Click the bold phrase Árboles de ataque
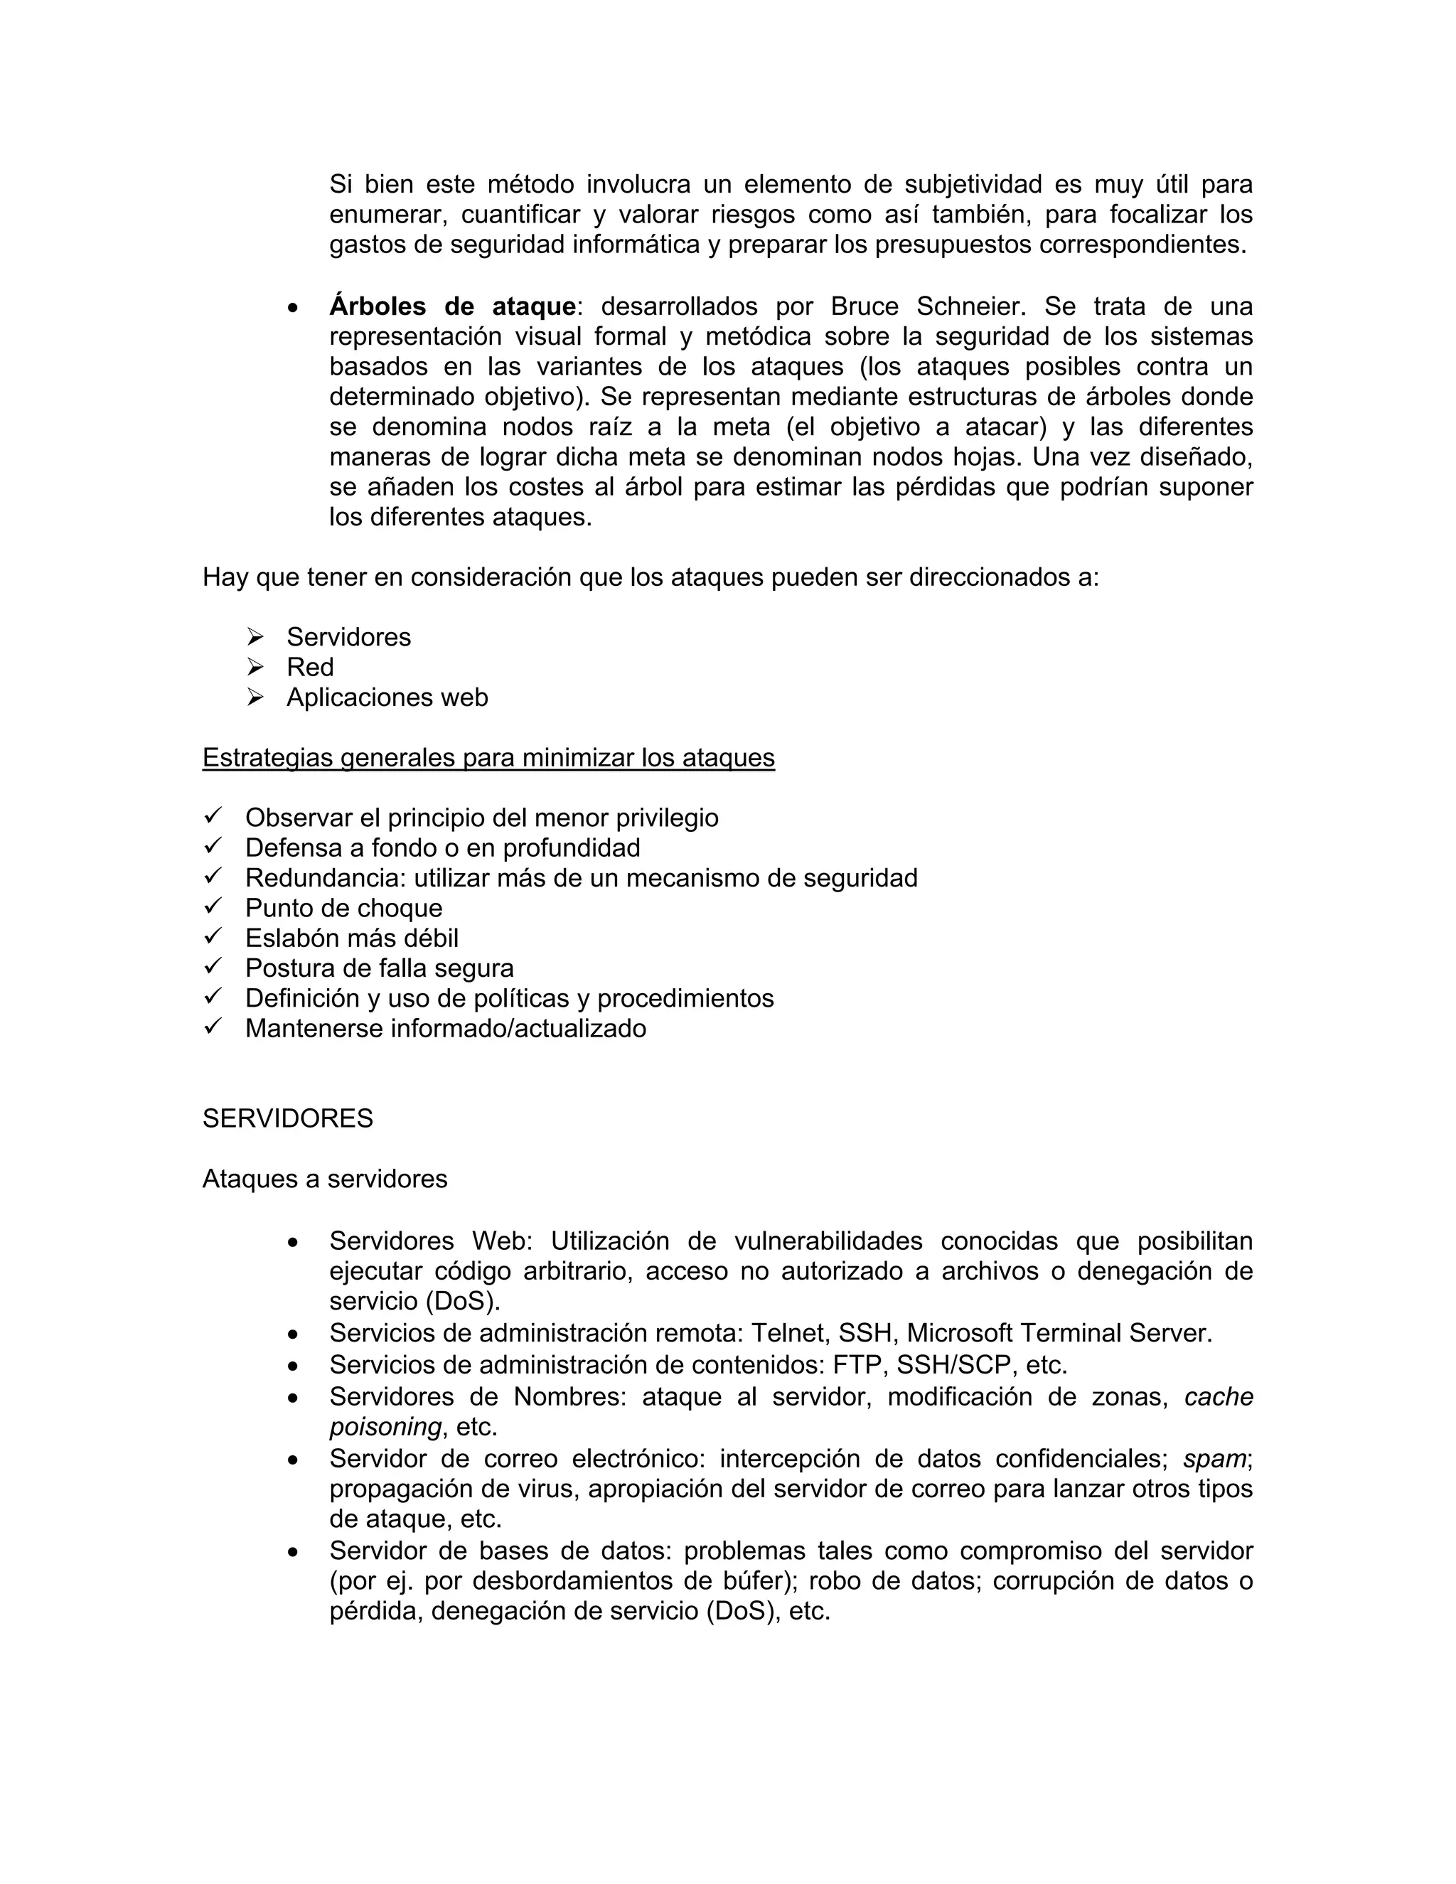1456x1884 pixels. tap(452, 306)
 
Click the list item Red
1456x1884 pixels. tap(310, 667)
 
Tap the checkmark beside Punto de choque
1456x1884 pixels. tap(213, 906)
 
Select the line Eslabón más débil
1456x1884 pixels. tap(351, 938)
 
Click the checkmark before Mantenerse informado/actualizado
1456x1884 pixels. tap(213, 1027)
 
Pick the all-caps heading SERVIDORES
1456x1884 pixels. tap(287, 1118)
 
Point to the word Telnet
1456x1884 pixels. tap(788, 1333)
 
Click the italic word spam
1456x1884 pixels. tap(1214, 1459)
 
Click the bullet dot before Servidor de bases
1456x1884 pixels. tap(294, 1552)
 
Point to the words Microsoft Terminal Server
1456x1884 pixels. tap(1059, 1333)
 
